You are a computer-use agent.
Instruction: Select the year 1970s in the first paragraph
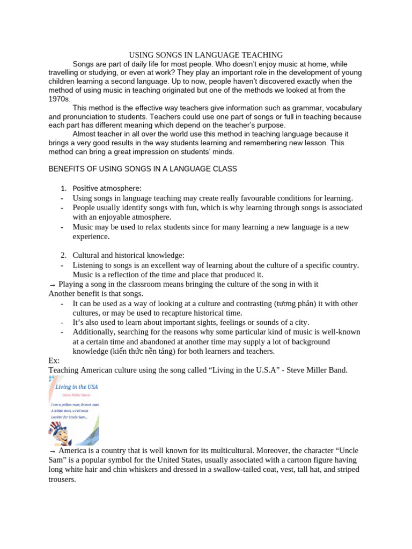click(59, 99)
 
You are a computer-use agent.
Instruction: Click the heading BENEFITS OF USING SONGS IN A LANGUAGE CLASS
click(143, 169)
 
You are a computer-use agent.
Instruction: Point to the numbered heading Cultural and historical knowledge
click(128, 255)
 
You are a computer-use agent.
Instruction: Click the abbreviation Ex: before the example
click(54, 361)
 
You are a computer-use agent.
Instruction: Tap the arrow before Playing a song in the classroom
click(52, 284)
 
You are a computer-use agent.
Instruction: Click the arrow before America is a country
click(52, 451)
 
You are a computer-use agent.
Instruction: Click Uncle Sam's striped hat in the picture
click(55, 426)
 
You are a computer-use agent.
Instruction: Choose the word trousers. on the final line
click(62, 480)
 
